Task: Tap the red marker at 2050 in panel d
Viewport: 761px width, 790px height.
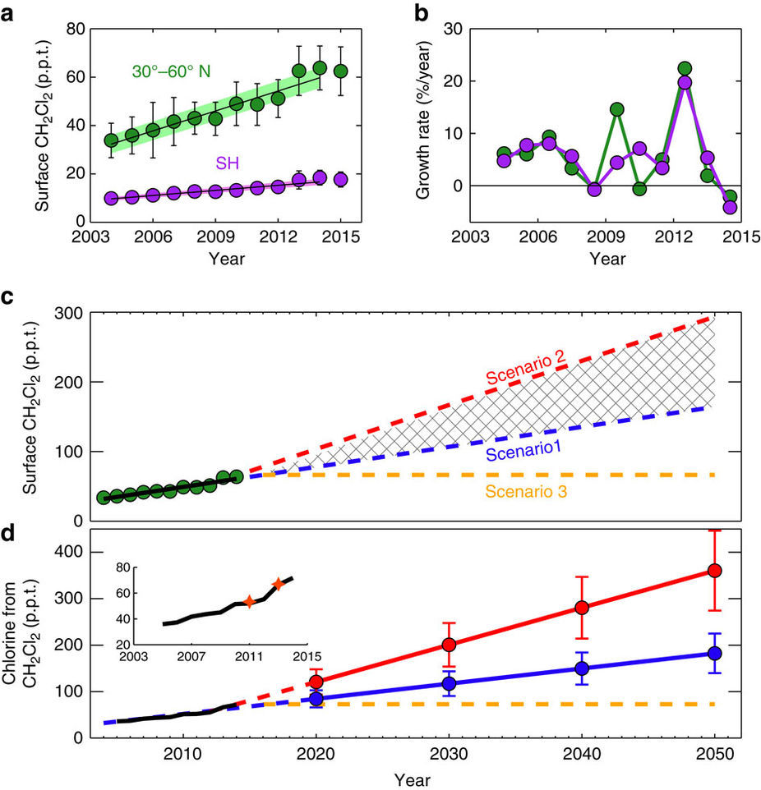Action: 715,570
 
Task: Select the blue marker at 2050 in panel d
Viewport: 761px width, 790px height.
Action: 715,653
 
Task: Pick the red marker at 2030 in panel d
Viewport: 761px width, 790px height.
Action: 449,645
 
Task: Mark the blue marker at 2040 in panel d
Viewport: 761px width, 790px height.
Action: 582,668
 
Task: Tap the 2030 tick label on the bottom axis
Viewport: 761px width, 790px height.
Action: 449,756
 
